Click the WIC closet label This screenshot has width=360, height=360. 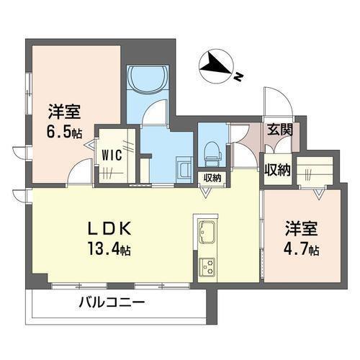(x=111, y=153)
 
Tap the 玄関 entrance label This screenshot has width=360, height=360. (x=280, y=130)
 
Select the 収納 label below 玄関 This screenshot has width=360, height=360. (x=276, y=170)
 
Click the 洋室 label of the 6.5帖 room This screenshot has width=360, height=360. (x=65, y=112)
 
